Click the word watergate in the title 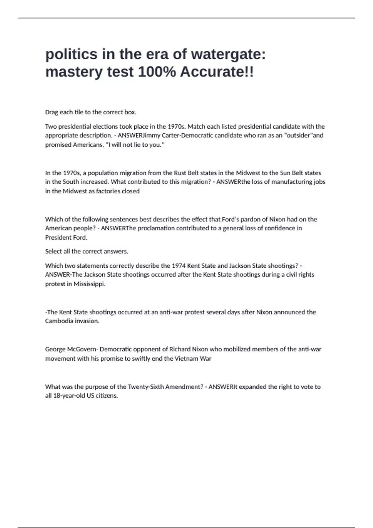pos(228,54)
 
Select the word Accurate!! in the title pos(217,72)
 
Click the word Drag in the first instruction pos(51,112)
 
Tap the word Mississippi pos(89,284)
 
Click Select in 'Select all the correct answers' pos(53,251)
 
